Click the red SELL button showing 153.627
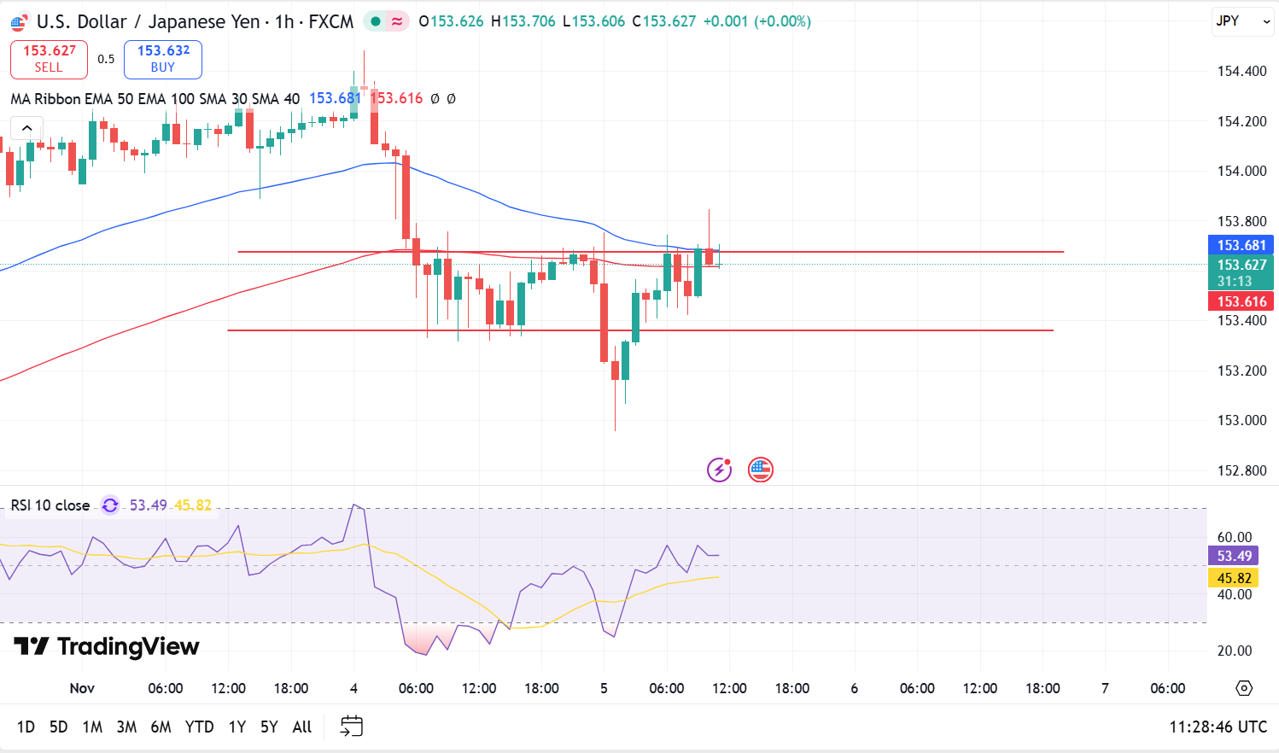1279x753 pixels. click(49, 59)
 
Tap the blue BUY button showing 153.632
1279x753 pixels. click(163, 59)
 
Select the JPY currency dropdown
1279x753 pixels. click(1242, 21)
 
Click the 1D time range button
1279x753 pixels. click(26, 727)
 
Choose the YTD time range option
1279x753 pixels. click(199, 727)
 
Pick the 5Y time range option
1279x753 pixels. click(269, 727)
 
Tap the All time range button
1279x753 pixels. click(302, 727)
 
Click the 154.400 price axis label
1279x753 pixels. click(1241, 71)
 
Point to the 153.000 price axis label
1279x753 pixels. click(1241, 420)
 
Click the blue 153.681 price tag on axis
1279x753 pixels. click(1241, 245)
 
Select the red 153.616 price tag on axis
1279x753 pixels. click(1241, 301)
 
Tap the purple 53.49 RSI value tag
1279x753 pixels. click(1234, 556)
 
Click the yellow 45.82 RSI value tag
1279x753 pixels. click(1234, 578)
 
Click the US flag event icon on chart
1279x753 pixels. click(760, 470)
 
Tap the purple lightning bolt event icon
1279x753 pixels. click(719, 470)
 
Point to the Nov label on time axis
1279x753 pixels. click(82, 688)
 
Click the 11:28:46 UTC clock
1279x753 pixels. click(1218, 727)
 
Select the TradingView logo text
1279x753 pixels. click(107, 646)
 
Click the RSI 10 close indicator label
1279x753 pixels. click(50, 505)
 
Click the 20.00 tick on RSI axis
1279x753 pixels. click(1235, 651)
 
